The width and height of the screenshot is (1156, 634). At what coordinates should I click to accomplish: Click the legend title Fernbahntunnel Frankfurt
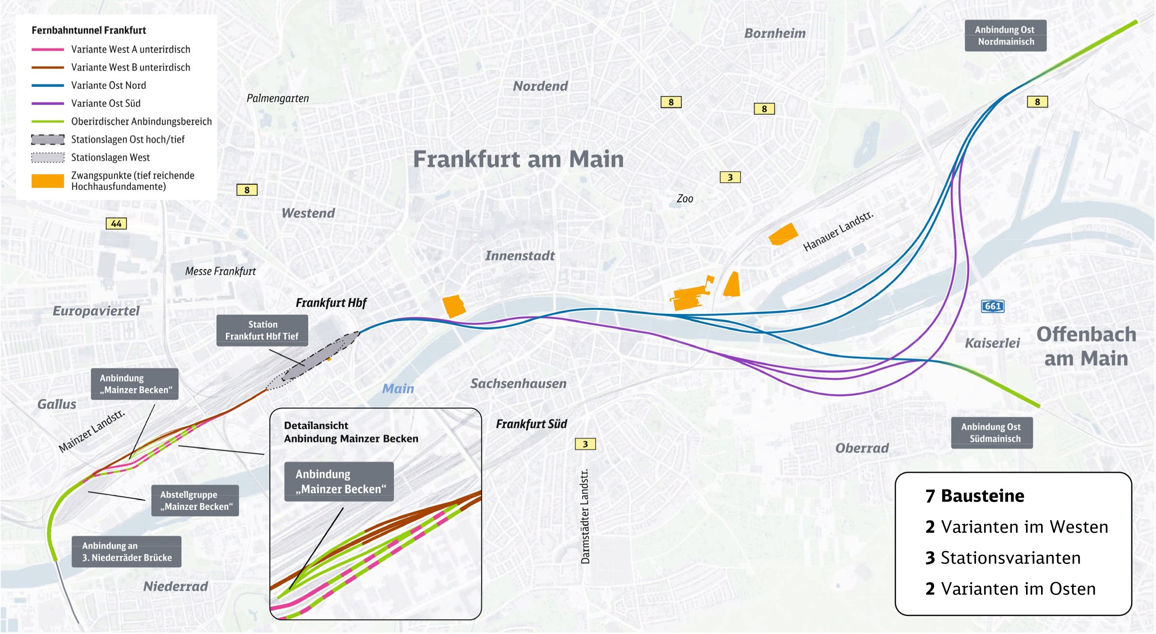click(x=89, y=30)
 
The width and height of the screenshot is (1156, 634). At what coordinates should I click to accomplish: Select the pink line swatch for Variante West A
click(x=48, y=49)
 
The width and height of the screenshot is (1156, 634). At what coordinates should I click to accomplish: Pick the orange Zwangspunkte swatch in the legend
click(x=48, y=181)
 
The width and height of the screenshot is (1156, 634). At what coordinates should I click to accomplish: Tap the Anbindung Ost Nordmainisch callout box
click(x=1005, y=36)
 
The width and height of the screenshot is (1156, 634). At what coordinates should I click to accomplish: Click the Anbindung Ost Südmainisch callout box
click(x=991, y=433)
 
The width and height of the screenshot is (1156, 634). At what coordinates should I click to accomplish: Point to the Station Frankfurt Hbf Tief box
click(x=262, y=330)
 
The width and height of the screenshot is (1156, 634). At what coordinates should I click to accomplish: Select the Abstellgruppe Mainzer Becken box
click(x=195, y=501)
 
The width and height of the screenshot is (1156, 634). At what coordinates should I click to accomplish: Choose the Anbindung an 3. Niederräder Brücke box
click(x=126, y=552)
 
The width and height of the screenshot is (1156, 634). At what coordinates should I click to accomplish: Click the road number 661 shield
click(x=993, y=306)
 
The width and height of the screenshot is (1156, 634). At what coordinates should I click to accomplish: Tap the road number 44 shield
click(x=116, y=224)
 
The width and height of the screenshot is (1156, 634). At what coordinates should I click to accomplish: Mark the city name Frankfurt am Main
click(x=518, y=159)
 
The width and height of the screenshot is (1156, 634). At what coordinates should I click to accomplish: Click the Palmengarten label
click(x=277, y=98)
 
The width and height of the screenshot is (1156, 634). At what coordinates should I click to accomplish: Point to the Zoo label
click(x=684, y=199)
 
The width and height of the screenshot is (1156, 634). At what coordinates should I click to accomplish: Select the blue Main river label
click(x=398, y=389)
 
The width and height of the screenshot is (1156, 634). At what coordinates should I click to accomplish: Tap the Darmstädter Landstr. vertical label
click(x=585, y=516)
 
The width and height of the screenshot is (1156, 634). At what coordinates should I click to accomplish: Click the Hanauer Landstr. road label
click(x=838, y=231)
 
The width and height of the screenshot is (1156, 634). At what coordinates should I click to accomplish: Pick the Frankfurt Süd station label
click(x=531, y=424)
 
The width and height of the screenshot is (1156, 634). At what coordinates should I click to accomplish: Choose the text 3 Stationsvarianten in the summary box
click(x=1003, y=558)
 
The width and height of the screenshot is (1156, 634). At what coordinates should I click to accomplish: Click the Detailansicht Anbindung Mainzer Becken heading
click(x=351, y=432)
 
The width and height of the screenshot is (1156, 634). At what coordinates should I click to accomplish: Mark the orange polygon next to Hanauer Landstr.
click(x=783, y=234)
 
